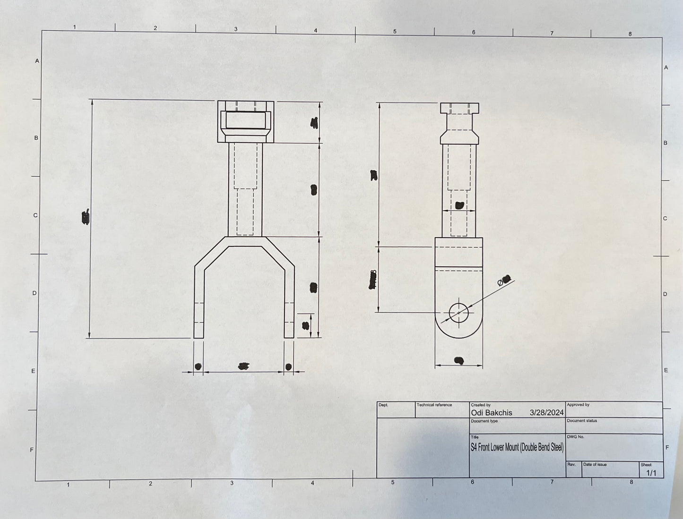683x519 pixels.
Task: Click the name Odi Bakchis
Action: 491,413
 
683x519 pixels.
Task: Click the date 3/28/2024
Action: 546,412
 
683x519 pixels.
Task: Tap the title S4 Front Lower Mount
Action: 517,447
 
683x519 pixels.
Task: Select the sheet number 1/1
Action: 651,473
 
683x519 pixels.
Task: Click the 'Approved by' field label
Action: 578,405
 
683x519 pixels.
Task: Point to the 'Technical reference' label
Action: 434,405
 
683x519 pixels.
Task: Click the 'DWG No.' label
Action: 575,437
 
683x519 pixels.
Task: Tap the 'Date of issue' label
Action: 595,465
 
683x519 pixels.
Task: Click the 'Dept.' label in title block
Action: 383,405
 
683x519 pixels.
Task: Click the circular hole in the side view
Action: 458,312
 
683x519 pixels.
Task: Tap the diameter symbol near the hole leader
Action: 500,282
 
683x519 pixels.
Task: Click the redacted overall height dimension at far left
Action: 86,217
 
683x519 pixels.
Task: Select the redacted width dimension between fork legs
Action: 243,366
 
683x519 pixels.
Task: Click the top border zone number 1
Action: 74,27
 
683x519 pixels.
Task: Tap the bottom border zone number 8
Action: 631,482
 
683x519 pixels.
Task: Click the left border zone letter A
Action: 37,61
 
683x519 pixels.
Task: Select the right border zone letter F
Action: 667,448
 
